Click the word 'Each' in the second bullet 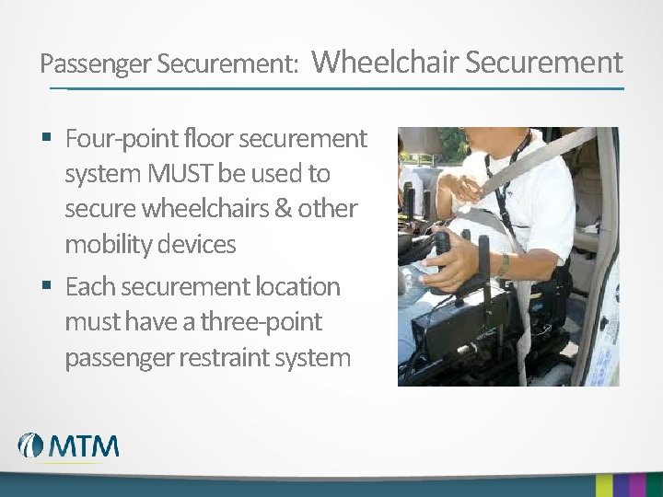coord(88,287)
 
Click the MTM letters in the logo coord(84,445)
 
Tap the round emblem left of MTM coord(31,445)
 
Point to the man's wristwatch coord(503,264)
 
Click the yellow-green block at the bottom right coord(604,486)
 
